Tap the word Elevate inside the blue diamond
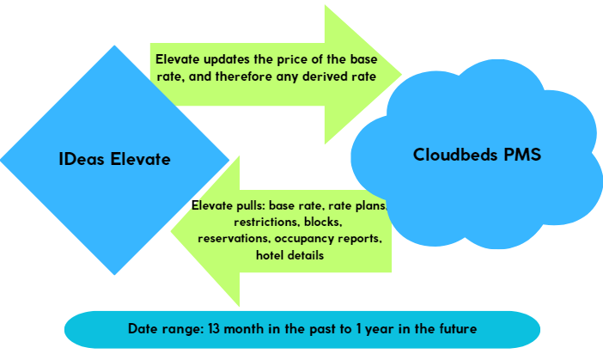click(x=140, y=159)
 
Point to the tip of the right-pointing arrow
click(x=401, y=74)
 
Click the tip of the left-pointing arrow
click(x=171, y=231)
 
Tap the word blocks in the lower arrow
click(x=323, y=223)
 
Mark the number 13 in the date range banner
click(x=214, y=329)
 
